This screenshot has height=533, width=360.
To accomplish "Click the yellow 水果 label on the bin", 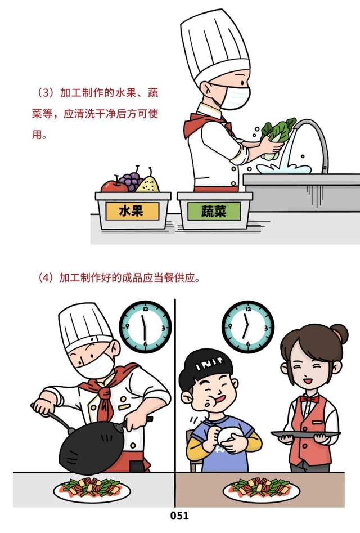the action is click(132, 211).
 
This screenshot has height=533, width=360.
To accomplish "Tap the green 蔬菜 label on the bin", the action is click(214, 211).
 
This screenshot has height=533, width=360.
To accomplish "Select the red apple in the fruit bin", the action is click(114, 186).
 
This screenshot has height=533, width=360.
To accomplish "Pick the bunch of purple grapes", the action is click(130, 180).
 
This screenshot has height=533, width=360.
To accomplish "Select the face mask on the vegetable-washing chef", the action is click(235, 97).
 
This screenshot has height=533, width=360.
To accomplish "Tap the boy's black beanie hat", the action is click(206, 364).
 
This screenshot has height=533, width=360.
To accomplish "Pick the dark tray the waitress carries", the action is click(305, 435).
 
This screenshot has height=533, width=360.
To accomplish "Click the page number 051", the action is click(179, 516).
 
